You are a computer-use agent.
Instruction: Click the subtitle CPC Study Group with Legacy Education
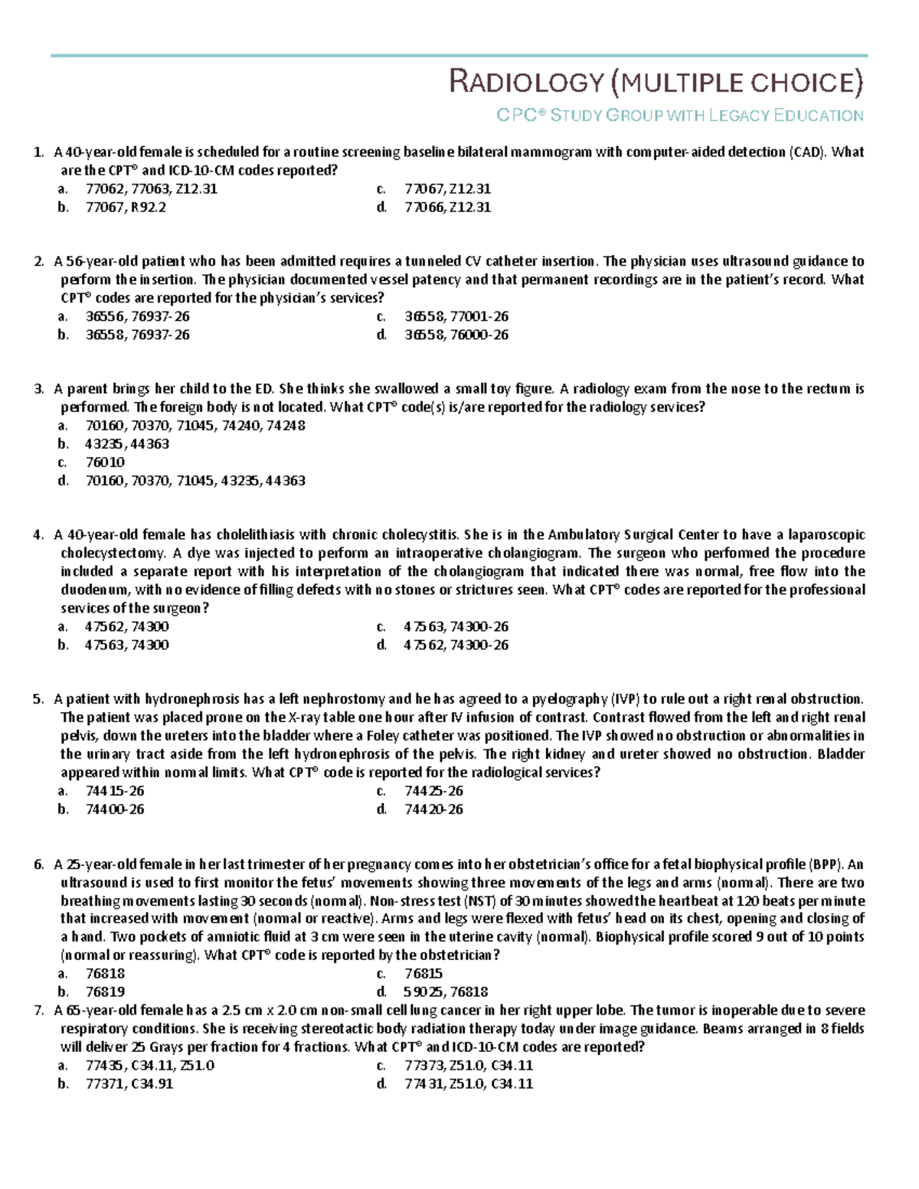pos(679,116)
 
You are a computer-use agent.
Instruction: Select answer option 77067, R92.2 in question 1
pos(126,207)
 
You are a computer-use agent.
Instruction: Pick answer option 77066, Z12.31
pos(447,207)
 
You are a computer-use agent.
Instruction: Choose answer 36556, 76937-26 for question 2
pos(137,316)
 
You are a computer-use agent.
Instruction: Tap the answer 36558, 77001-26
pos(456,316)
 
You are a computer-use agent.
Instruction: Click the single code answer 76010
pos(105,462)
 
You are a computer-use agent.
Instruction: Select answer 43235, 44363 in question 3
pos(127,444)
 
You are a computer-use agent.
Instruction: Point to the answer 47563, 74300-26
pos(456,626)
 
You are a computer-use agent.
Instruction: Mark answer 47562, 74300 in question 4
pos(127,626)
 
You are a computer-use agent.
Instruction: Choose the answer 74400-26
pos(115,809)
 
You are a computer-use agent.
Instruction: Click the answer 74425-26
pos(433,791)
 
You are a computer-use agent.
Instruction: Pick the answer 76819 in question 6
pos(105,991)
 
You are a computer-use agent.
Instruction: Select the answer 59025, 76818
pos(446,991)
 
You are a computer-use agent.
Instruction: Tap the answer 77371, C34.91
pos(129,1083)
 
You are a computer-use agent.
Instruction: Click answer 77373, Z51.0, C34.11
pos(469,1065)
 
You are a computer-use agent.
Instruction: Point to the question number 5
pos(38,699)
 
